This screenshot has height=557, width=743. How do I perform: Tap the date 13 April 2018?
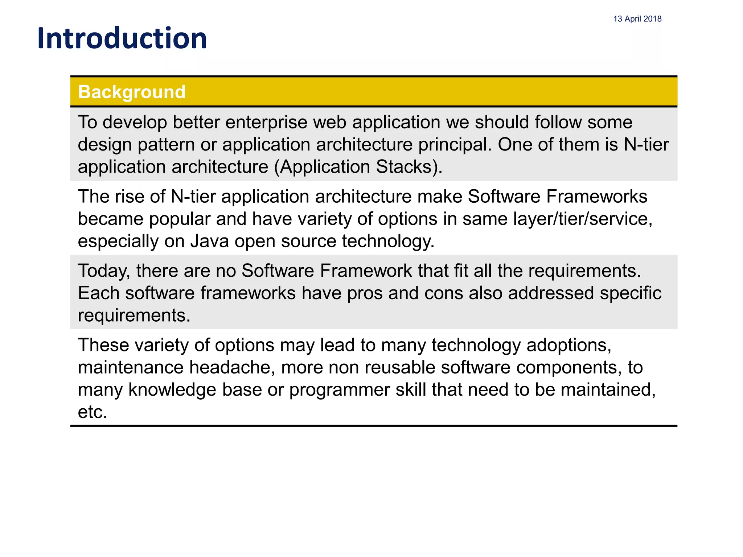click(x=637, y=19)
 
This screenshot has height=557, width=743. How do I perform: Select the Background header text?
click(x=132, y=92)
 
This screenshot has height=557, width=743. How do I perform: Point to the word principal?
click(x=455, y=145)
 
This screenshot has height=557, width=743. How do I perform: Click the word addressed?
click(x=551, y=293)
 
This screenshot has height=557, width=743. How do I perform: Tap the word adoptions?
click(x=568, y=345)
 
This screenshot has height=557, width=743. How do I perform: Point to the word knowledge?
click(x=172, y=390)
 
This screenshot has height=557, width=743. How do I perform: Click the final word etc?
click(x=93, y=412)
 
